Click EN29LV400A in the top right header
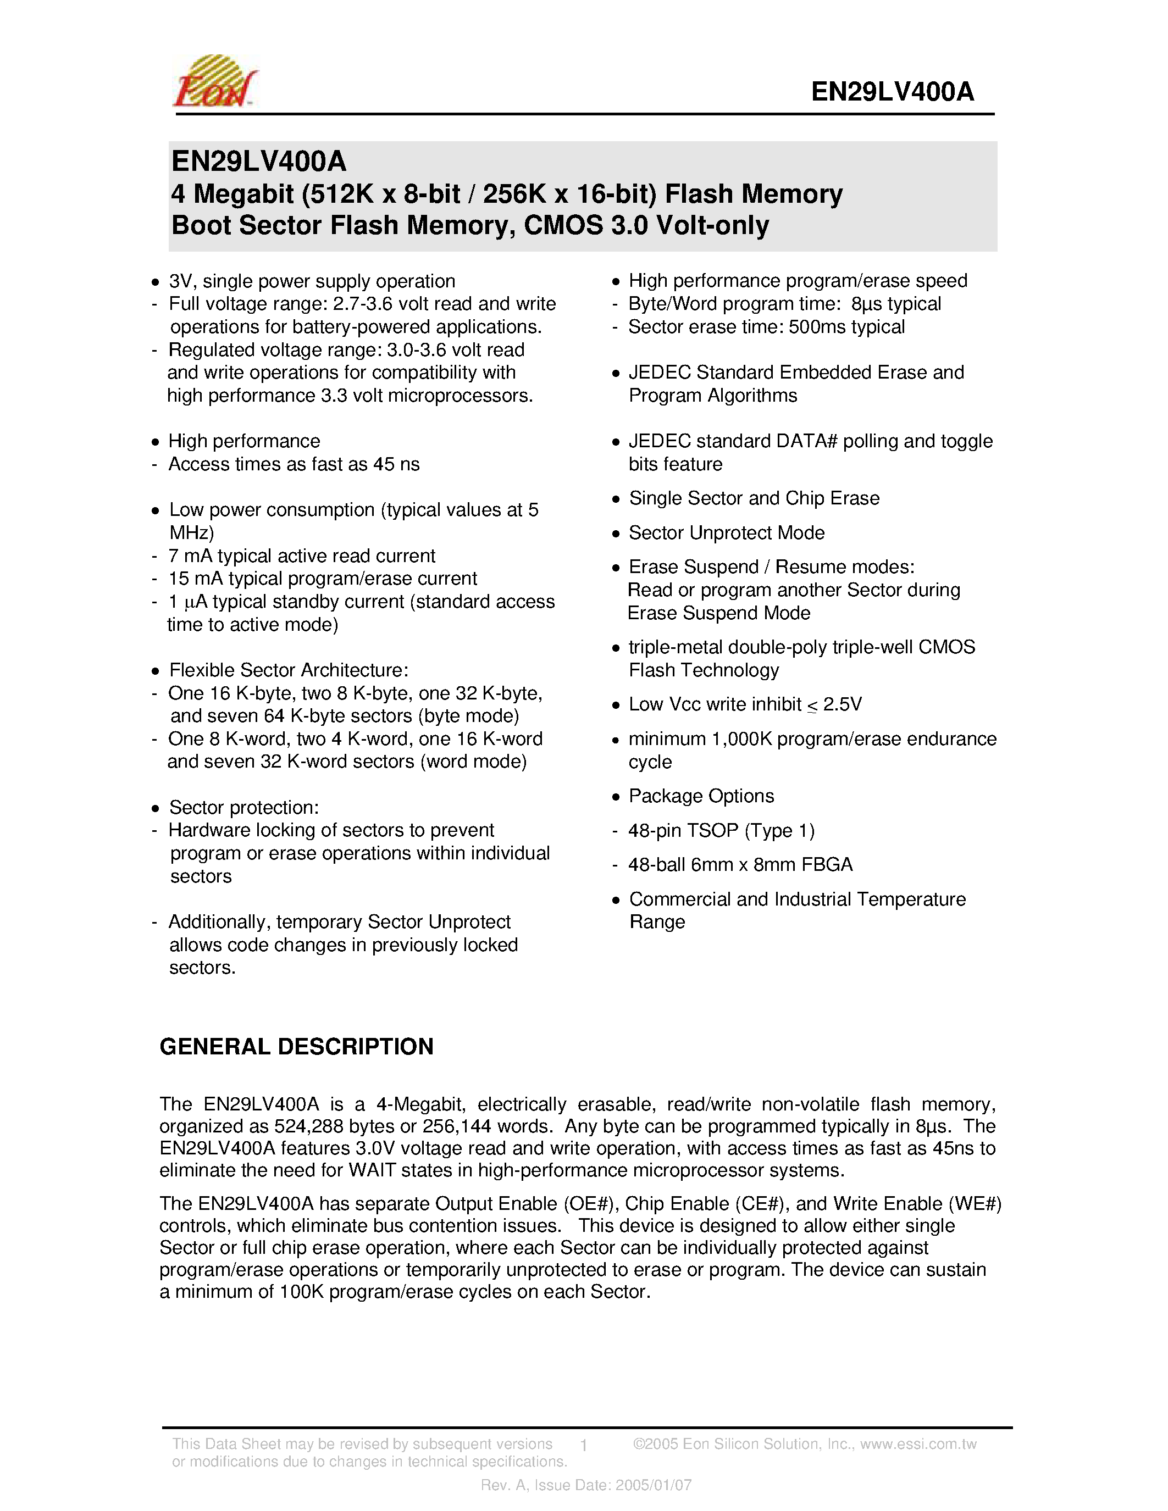892,91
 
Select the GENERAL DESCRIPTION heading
296,1046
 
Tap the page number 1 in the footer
584,1445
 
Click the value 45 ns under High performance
396,464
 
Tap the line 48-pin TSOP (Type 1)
721,830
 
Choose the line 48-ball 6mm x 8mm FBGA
740,865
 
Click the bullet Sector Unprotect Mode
726,533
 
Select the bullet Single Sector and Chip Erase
754,498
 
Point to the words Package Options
700,796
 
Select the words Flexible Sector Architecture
288,670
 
